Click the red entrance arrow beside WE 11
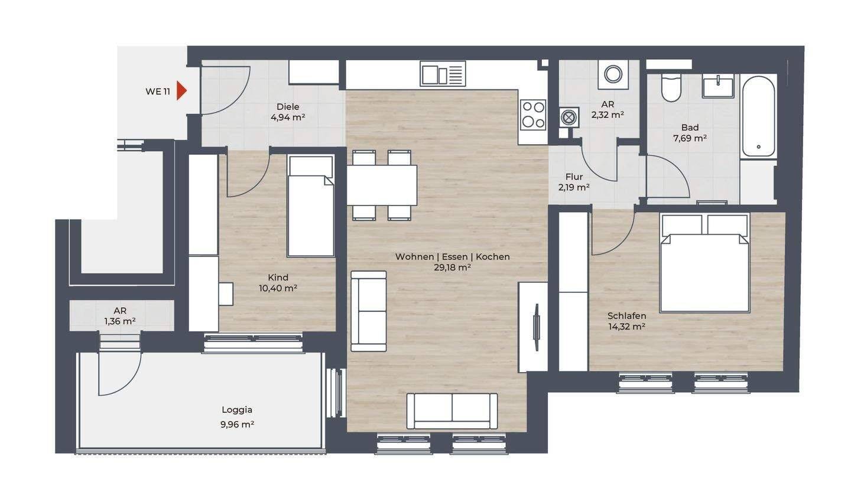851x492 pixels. tap(181, 91)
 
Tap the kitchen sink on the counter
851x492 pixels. tap(443, 74)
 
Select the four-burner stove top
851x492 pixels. tap(534, 114)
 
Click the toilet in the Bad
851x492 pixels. tap(671, 87)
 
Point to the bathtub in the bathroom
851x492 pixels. tap(758, 115)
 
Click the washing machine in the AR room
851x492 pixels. tap(613, 74)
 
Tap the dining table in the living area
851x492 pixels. tap(382, 185)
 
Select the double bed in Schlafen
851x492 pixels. tap(705, 263)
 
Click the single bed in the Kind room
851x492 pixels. tap(311, 206)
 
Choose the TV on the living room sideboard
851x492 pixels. tap(536, 327)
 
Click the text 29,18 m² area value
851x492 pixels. tap(453, 267)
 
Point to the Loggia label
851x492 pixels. tap(237, 410)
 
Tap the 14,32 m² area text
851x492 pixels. tap(627, 326)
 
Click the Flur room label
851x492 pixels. tap(574, 177)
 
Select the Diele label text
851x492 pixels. tap(288, 107)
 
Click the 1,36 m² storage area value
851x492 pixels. tap(120, 321)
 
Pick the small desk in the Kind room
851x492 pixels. tap(226, 294)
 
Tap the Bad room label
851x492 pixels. tap(690, 128)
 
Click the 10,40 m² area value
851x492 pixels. tap(278, 288)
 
